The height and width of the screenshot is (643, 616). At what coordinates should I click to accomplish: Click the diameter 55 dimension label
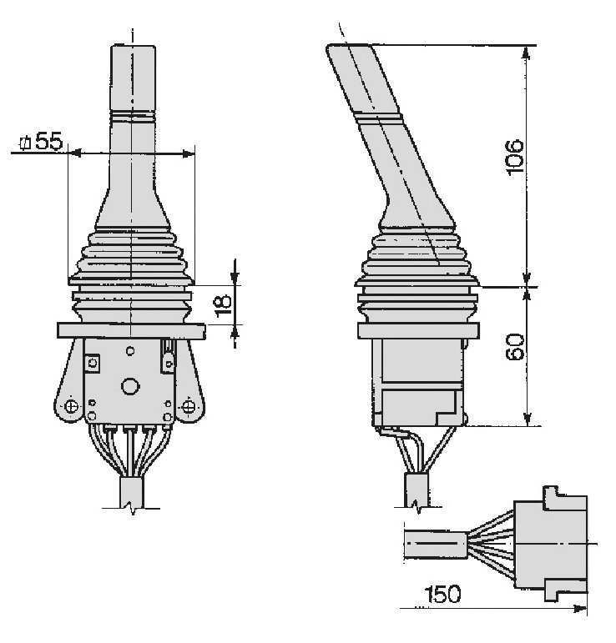42,141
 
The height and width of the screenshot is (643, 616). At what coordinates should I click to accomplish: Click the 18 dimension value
223,306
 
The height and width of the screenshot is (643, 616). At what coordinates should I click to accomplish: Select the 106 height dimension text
514,158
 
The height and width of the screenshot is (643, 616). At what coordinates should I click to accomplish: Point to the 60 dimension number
515,347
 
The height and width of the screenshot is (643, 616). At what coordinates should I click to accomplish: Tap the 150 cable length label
442,594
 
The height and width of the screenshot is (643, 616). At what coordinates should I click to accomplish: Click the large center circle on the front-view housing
130,386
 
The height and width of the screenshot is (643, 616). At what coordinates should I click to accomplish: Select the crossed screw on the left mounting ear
72,407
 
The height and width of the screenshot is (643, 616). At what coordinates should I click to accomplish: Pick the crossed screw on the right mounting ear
189,407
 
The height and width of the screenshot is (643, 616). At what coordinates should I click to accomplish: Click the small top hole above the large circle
130,350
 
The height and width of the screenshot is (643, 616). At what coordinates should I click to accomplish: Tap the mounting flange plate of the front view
131,331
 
